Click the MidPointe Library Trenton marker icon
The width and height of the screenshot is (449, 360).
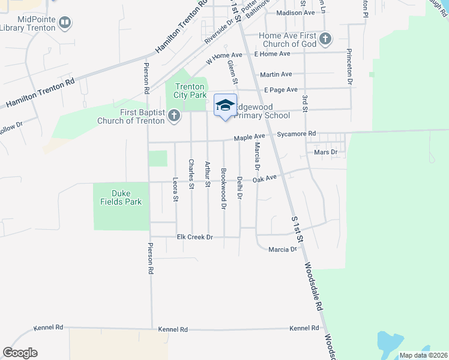[65, 23]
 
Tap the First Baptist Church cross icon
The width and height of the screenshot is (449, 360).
[174, 116]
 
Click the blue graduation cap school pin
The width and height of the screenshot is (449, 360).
[225, 106]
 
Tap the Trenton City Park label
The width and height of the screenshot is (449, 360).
[190, 91]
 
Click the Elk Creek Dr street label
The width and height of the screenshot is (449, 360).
[195, 237]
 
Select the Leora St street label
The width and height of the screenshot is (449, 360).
[175, 189]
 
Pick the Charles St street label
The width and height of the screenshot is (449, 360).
[191, 173]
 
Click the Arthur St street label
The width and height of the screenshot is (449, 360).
[208, 175]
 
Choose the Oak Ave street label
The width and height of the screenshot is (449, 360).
[264, 178]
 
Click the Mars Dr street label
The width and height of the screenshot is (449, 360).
[326, 152]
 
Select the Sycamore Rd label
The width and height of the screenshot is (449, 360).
[297, 133]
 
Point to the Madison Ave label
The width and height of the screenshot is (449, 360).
[295, 13]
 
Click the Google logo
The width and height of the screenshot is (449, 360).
[20, 353]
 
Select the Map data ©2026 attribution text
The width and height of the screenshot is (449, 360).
[423, 355]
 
